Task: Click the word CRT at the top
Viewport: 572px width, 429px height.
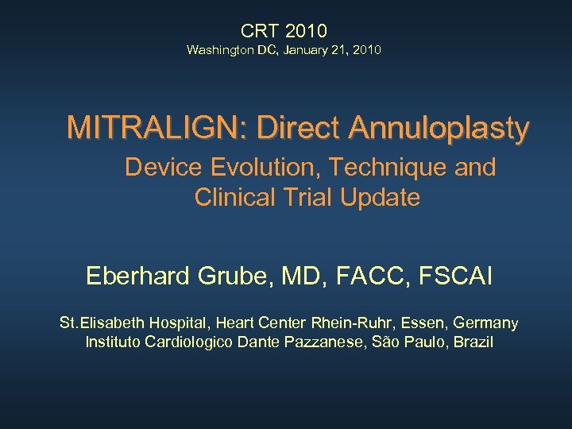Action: coord(261,31)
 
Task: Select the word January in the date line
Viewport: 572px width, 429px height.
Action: coord(303,50)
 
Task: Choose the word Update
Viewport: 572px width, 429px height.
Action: coord(379,197)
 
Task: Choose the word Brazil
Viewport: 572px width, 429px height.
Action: coord(473,342)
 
